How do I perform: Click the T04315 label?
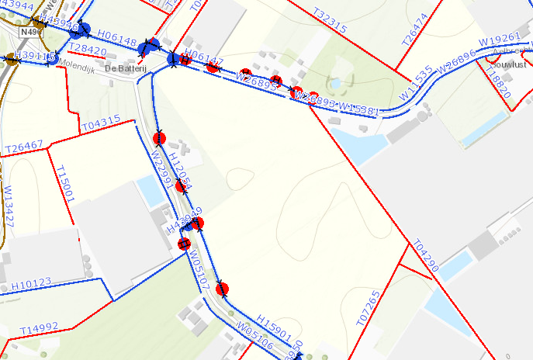[x=101, y=121]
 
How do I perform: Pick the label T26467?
[x=24, y=146]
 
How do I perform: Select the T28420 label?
[x=88, y=50]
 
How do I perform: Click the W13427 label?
[x=9, y=206]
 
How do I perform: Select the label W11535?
[x=417, y=82]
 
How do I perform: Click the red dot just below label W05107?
[x=223, y=290]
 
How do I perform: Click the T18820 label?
[x=498, y=78]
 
